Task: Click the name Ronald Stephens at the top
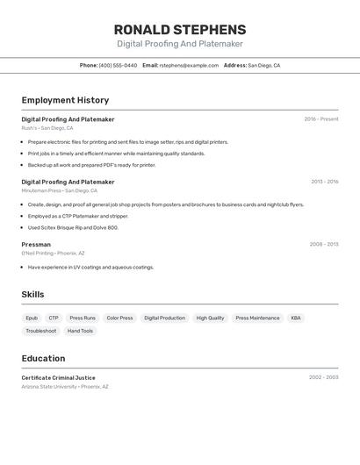pos(180,30)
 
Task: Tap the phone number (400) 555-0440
pos(118,65)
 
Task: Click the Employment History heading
pos(65,101)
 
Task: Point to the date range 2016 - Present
pos(321,119)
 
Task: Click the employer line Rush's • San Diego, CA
pos(47,128)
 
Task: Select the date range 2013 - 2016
pos(324,182)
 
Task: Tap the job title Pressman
pos(36,244)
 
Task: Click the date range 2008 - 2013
pos(324,244)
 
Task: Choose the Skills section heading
pos(32,295)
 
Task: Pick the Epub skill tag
pos(32,318)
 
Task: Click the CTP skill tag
pos(54,318)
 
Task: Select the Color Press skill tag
pos(119,318)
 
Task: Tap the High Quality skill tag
pos(210,318)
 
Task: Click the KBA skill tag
pos(296,318)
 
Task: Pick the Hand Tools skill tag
pos(80,331)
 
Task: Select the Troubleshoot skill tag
pos(40,331)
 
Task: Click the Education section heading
pos(43,359)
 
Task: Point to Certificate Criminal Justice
pos(58,377)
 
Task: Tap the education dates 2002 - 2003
pos(323,377)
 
